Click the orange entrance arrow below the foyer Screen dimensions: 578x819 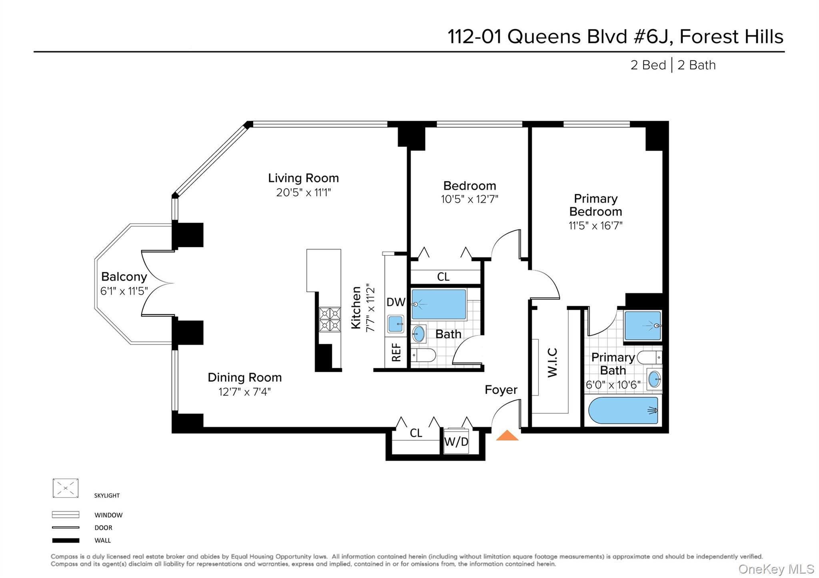tap(507, 436)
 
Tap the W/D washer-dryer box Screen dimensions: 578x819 tap(456, 442)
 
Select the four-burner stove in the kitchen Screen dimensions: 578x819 tap(330, 319)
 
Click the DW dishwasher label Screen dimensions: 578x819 tap(396, 302)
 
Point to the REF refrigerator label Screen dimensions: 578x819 tap(396, 353)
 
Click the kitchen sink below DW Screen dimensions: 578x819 tap(396, 323)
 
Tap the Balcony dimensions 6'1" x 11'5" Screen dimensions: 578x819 tap(124, 291)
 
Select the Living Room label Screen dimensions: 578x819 tap(303, 178)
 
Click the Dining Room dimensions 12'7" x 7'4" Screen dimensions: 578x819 tap(244, 392)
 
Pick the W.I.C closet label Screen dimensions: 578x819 tap(552, 363)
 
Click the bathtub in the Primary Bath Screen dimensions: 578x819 tap(623, 410)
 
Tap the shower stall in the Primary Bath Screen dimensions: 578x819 tap(642, 325)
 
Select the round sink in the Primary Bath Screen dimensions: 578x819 tap(654, 379)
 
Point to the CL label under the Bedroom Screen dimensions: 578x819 tap(443, 277)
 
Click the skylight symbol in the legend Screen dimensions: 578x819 tap(66, 488)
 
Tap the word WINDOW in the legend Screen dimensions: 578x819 tap(108, 515)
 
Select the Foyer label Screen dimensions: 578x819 tap(501, 390)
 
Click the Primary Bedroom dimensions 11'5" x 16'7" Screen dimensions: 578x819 tap(595, 226)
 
